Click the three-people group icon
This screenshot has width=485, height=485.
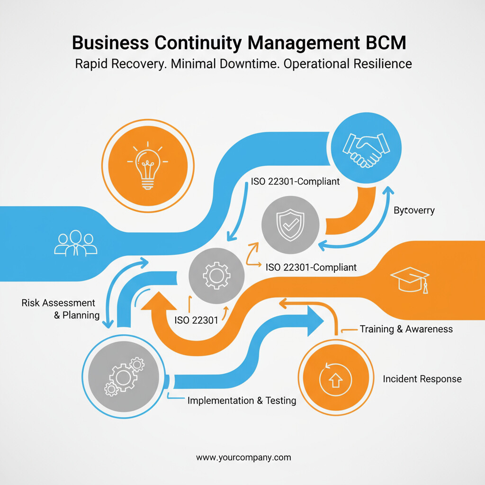(76, 243)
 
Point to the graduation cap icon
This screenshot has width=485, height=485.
(410, 279)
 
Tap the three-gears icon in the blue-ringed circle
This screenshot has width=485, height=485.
(123, 377)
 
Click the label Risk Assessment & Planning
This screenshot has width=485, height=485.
(59, 309)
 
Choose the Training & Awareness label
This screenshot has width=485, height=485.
(406, 329)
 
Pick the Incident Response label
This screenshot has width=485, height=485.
(422, 379)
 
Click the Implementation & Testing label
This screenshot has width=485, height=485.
(242, 401)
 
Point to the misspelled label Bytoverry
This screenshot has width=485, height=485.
(414, 210)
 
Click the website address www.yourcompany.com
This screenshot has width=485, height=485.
(243, 458)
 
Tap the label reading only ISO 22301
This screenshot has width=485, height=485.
(196, 320)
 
